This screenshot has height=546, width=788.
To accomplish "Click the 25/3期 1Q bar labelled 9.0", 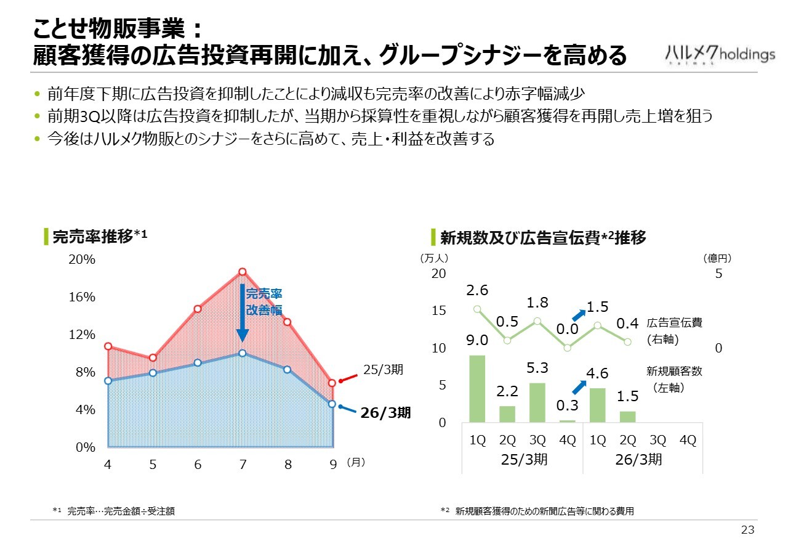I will [477, 389].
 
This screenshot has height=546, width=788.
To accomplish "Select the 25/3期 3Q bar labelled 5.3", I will [537, 402].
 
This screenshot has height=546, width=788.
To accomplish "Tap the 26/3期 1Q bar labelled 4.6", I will [597, 405].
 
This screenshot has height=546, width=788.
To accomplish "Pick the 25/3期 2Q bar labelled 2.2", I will [507, 414].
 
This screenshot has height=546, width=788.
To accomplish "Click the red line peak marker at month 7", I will [243, 272].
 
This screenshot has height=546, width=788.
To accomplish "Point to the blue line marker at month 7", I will [243, 353].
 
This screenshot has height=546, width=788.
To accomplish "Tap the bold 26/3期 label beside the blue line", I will [385, 413].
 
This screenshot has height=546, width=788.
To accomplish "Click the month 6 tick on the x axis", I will [198, 465].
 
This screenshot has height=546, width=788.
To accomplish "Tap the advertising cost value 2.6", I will [477, 290].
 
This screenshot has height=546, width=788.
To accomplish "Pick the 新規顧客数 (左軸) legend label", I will [674, 380].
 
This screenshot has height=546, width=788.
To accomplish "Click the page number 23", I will [747, 531].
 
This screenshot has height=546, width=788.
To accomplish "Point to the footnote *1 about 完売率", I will [114, 511].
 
